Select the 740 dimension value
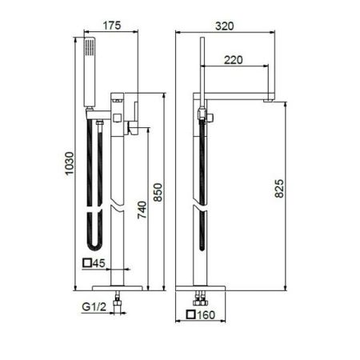[x=142, y=209]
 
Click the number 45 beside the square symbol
[x=100, y=263]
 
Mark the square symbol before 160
[x=192, y=315]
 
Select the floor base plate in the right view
[x=202, y=286]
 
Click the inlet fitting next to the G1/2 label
[x=119, y=302]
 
